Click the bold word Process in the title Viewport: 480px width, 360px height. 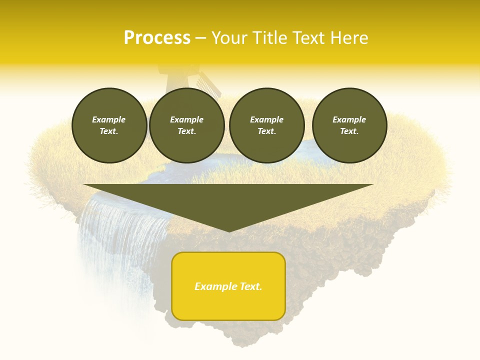(x=157, y=38)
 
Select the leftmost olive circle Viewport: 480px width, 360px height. (x=109, y=125)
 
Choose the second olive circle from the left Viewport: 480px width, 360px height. (x=187, y=125)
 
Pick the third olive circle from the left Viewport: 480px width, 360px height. (x=267, y=125)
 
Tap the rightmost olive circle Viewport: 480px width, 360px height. (x=349, y=125)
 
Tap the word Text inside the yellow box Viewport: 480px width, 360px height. (x=250, y=286)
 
